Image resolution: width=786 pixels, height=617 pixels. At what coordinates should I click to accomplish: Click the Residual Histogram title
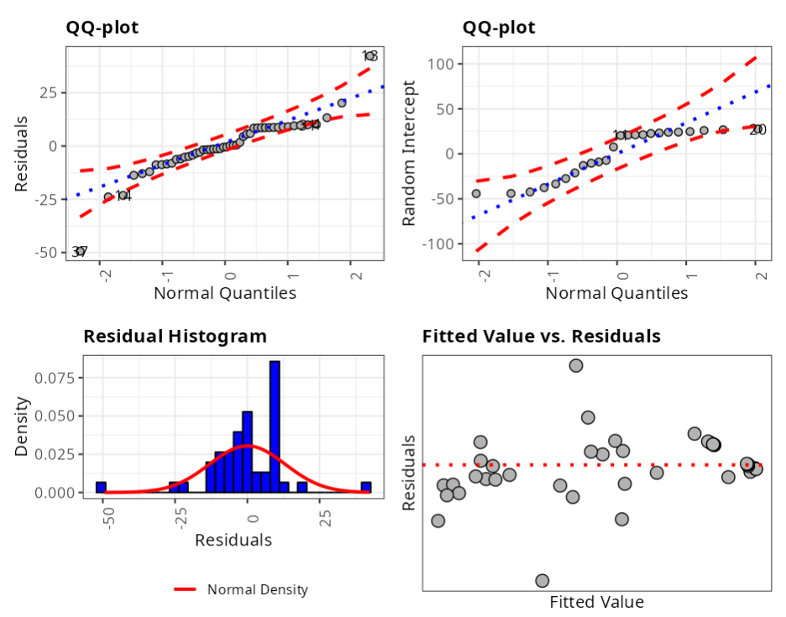pyautogui.click(x=175, y=337)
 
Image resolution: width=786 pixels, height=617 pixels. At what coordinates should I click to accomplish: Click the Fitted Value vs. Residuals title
pyautogui.click(x=541, y=337)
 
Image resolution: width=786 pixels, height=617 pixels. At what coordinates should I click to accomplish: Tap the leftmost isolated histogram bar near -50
pyautogui.click(x=101, y=487)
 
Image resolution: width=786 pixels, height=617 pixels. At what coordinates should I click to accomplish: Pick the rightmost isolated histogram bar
pyautogui.click(x=366, y=487)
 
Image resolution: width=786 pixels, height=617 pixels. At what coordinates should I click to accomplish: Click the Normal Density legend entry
pyautogui.click(x=257, y=589)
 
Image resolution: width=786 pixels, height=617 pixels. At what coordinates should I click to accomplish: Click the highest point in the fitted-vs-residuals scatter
pyautogui.click(x=576, y=365)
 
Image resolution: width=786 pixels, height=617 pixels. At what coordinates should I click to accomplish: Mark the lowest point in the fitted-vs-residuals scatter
pyautogui.click(x=542, y=581)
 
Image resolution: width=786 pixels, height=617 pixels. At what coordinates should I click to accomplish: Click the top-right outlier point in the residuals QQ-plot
pyautogui.click(x=369, y=56)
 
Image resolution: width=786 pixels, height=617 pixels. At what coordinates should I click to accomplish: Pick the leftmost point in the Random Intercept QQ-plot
pyautogui.click(x=476, y=194)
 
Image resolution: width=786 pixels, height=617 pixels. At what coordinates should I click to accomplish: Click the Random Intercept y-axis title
pyautogui.click(x=410, y=153)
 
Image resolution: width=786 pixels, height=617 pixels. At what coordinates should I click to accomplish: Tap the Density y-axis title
pyautogui.click(x=23, y=426)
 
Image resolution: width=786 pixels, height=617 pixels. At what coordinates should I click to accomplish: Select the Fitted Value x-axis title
pyautogui.click(x=596, y=602)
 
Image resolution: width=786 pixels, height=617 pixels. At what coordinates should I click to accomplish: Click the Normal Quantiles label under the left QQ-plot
pyautogui.click(x=225, y=293)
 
